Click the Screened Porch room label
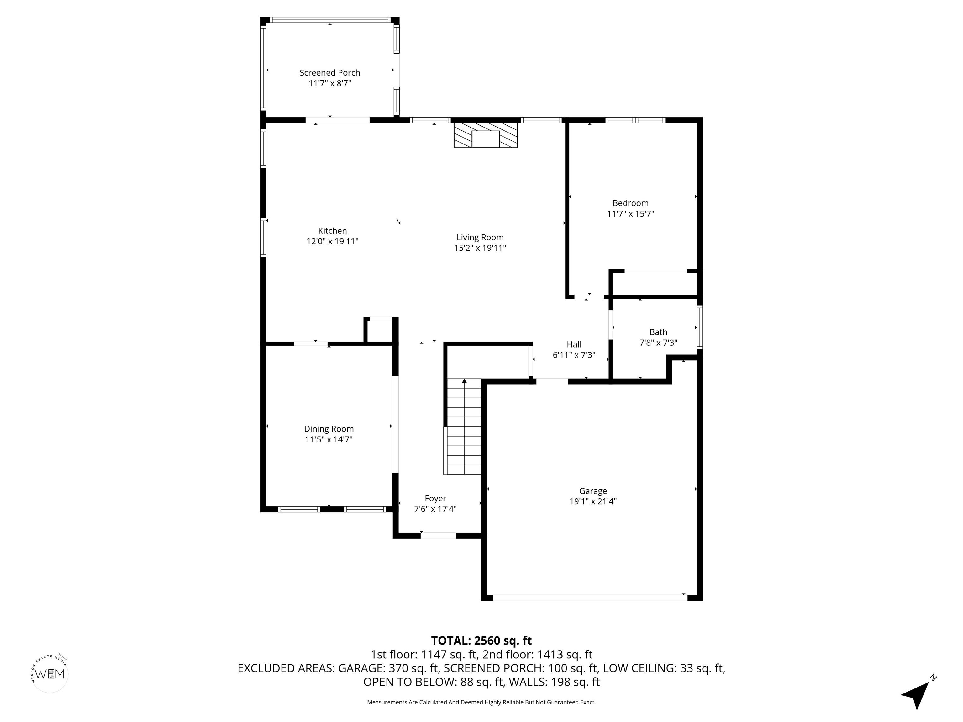pyautogui.click(x=329, y=73)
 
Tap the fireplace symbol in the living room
pyautogui.click(x=485, y=135)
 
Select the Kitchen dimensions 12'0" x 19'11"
pyautogui.click(x=332, y=242)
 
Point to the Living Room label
pyautogui.click(x=480, y=237)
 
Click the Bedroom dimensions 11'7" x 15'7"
pyautogui.click(x=630, y=214)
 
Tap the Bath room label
pyautogui.click(x=658, y=332)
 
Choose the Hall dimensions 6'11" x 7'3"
pyautogui.click(x=574, y=355)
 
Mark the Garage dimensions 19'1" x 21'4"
pyautogui.click(x=593, y=501)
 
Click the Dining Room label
pyautogui.click(x=329, y=429)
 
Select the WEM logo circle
pyautogui.click(x=50, y=674)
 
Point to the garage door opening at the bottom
pyautogui.click(x=590, y=598)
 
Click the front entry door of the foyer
pyautogui.click(x=438, y=536)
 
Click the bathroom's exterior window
pyautogui.click(x=700, y=327)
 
